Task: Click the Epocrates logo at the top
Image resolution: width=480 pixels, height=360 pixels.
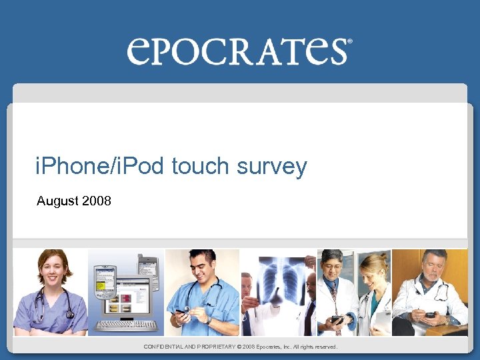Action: coord(237,51)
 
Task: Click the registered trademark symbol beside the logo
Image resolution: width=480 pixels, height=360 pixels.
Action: coord(349,41)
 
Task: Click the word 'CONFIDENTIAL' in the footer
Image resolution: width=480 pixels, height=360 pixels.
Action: coord(167,347)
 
